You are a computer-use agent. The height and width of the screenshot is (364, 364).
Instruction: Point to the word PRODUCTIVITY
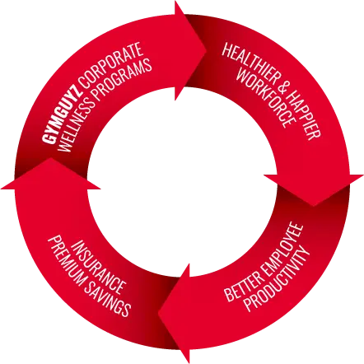(277, 279)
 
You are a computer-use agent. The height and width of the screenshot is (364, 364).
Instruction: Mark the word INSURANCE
(98, 267)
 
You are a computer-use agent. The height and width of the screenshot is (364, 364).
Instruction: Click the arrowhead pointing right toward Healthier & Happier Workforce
(190, 50)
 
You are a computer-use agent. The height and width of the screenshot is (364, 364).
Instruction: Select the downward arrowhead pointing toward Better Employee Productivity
(314, 189)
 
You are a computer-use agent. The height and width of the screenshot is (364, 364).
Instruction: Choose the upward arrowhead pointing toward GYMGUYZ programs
(51, 174)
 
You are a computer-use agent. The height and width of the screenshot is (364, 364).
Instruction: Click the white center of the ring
(182, 182)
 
